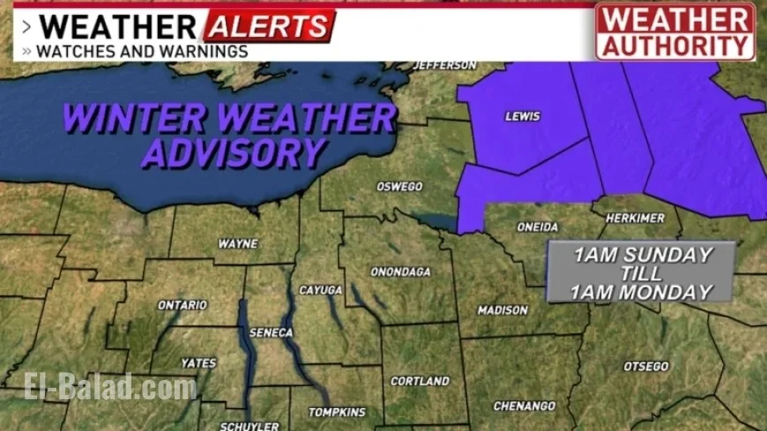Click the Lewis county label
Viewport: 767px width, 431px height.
pos(522,116)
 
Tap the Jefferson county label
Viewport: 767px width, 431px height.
pos(445,65)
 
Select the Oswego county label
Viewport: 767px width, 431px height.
pos(398,187)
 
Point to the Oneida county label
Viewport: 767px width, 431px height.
pos(538,227)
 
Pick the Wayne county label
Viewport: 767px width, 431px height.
pos(237,243)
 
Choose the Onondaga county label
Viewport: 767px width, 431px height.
pos(399,272)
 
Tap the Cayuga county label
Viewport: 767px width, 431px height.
pos(321,289)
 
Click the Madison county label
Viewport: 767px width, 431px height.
pos(503,310)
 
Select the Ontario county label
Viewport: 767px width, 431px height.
pos(182,305)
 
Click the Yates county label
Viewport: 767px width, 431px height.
pos(198,362)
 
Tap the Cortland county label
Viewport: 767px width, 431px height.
pos(421,382)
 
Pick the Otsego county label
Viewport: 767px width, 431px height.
pos(646,366)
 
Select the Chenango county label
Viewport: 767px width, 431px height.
pos(524,405)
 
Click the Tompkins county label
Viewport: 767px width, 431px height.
pos(337,412)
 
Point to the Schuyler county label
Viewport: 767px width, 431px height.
pos(243,425)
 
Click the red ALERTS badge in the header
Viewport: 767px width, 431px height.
pos(269,26)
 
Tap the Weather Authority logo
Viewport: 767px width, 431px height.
pos(674,31)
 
